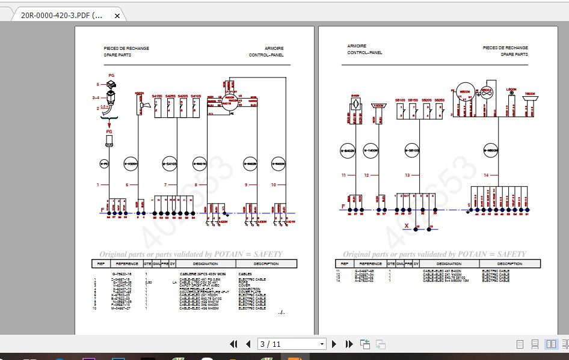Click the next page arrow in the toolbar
334,344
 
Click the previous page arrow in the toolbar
247,344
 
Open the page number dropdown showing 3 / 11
322,344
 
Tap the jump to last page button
349,344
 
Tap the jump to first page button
233,344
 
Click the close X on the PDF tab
117,16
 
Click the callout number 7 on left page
165,185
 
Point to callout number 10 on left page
274,185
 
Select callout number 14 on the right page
485,175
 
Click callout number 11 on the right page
343,175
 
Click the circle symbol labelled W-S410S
170,162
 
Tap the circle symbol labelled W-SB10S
412,150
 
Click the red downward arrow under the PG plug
109,124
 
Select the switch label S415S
158,96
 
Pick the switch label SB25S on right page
440,100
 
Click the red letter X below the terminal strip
407,227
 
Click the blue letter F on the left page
102,210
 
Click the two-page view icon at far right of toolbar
550,344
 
